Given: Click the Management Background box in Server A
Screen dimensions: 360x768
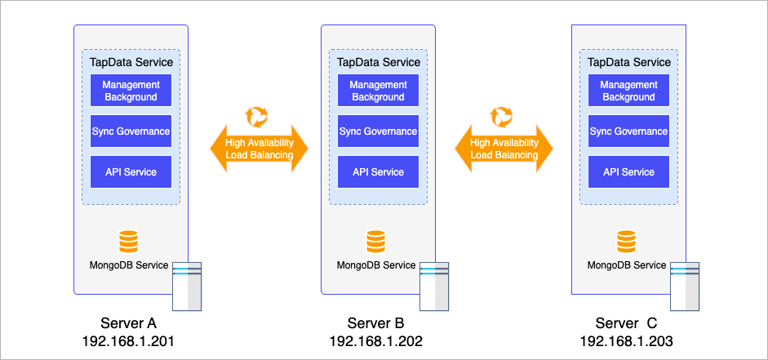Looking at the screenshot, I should tap(131, 91).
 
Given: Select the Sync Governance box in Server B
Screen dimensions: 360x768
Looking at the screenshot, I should tap(378, 131).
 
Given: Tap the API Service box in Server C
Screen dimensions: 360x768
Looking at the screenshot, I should tap(628, 172).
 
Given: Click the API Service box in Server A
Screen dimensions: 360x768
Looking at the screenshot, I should tap(131, 172).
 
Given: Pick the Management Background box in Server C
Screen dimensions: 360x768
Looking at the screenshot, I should tap(628, 91).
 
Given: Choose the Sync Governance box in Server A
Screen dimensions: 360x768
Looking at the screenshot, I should tap(131, 131).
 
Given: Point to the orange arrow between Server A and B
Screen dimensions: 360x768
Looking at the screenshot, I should tap(259, 149).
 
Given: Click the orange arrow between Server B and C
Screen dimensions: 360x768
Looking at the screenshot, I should tap(504, 149).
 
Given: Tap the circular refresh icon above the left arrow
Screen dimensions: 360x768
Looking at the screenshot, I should tap(257, 116).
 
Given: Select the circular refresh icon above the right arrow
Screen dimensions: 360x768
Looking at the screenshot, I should tap(502, 116).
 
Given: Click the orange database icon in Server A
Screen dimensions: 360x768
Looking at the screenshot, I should tap(129, 242).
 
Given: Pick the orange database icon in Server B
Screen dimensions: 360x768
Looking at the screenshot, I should tap(375, 242).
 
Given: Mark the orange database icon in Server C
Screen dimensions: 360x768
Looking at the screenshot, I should tap(626, 242).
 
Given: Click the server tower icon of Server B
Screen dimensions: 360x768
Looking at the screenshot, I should tap(434, 287).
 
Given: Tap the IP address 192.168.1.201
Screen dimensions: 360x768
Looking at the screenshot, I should tap(128, 340).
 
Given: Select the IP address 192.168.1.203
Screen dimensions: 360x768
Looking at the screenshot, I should tap(627, 340).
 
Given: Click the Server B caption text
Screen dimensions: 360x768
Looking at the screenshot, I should tap(375, 322).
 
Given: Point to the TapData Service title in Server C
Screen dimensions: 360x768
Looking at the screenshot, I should tap(628, 62).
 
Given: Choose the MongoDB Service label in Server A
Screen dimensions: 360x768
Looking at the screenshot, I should tap(129, 265).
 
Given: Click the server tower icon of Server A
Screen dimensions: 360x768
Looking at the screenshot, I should tap(187, 287).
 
